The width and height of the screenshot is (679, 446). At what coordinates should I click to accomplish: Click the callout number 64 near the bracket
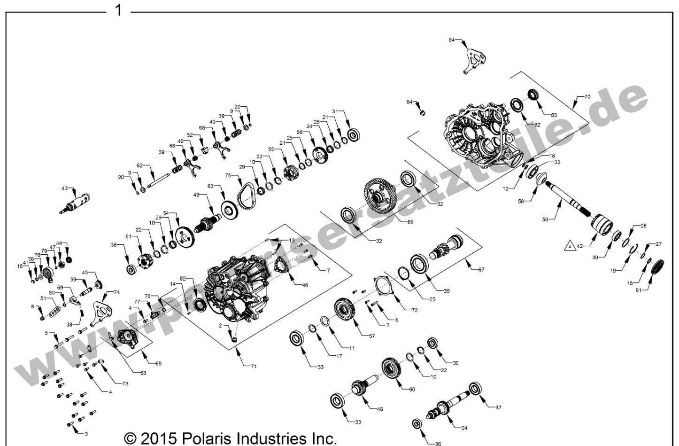click(451, 40)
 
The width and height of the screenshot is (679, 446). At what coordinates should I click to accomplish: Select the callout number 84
click(409, 102)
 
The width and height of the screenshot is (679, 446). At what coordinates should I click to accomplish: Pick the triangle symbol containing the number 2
click(569, 245)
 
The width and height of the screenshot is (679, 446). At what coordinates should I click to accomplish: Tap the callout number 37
click(498, 407)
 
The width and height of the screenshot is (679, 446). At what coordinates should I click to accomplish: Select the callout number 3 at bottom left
click(85, 433)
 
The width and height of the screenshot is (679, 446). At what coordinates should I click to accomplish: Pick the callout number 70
click(587, 96)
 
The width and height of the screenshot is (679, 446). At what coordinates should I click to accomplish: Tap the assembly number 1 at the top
click(119, 10)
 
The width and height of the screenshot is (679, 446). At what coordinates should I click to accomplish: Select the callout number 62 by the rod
click(139, 165)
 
